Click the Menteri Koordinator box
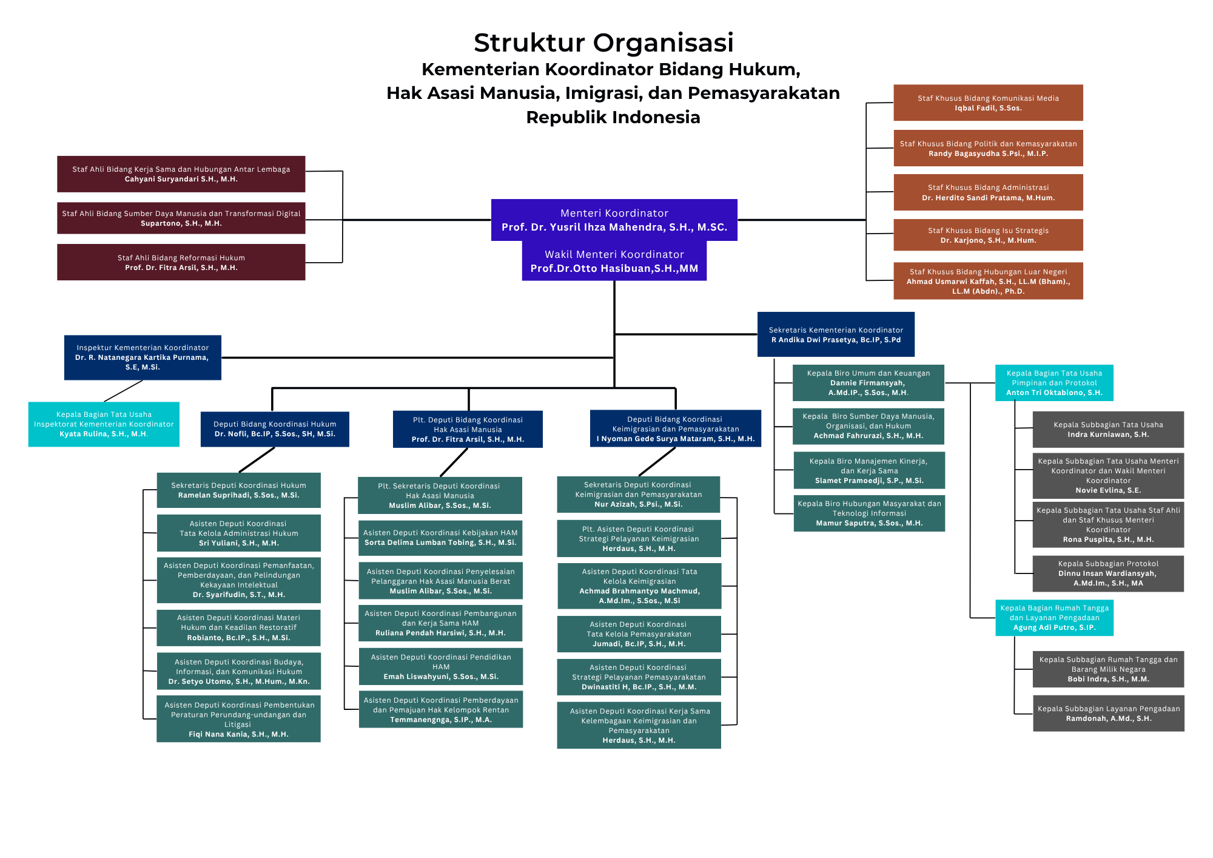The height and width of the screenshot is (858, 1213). click(x=614, y=220)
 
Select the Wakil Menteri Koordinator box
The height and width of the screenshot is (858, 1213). click(x=614, y=261)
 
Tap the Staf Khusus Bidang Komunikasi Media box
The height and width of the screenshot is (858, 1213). click(x=988, y=103)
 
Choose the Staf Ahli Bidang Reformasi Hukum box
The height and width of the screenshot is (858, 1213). click(x=181, y=262)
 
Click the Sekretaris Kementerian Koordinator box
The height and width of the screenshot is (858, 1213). click(x=836, y=334)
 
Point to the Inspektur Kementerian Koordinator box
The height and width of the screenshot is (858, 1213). click(x=143, y=357)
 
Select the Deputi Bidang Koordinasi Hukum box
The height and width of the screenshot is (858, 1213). click(x=275, y=429)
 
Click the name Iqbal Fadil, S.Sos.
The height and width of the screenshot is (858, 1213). click(x=988, y=109)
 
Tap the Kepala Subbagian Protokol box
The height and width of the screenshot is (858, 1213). click(x=1108, y=573)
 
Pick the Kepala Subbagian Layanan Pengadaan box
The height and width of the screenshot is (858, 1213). click(x=1108, y=713)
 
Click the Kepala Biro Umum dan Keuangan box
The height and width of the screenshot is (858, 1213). click(x=868, y=383)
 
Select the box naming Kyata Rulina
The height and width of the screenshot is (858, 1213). click(x=104, y=424)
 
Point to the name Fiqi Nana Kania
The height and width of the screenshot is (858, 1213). click(x=238, y=734)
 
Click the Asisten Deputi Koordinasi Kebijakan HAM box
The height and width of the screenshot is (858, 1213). click(x=440, y=538)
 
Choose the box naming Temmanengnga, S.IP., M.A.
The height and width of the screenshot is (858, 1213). click(x=441, y=709)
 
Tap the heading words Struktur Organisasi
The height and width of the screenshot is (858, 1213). click(x=603, y=42)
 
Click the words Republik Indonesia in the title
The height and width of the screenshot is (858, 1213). click(x=613, y=117)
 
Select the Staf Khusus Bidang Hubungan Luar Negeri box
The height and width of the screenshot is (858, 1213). click(x=988, y=281)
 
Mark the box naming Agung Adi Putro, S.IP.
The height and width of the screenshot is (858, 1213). click(x=1054, y=618)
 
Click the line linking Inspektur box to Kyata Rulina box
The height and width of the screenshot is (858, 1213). click(x=124, y=391)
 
